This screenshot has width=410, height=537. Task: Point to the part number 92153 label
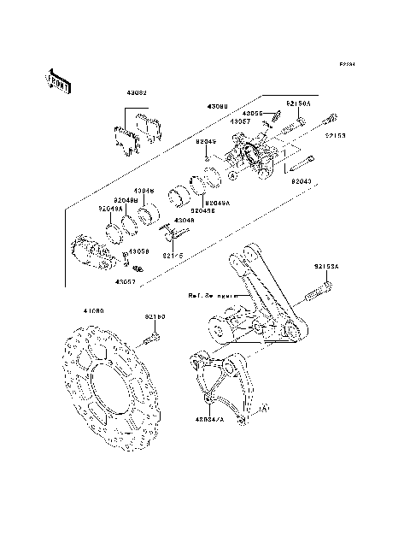click(x=336, y=134)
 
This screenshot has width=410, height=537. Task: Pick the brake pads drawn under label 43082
click(x=137, y=133)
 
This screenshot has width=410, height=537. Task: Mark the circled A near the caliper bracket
click(x=264, y=410)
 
